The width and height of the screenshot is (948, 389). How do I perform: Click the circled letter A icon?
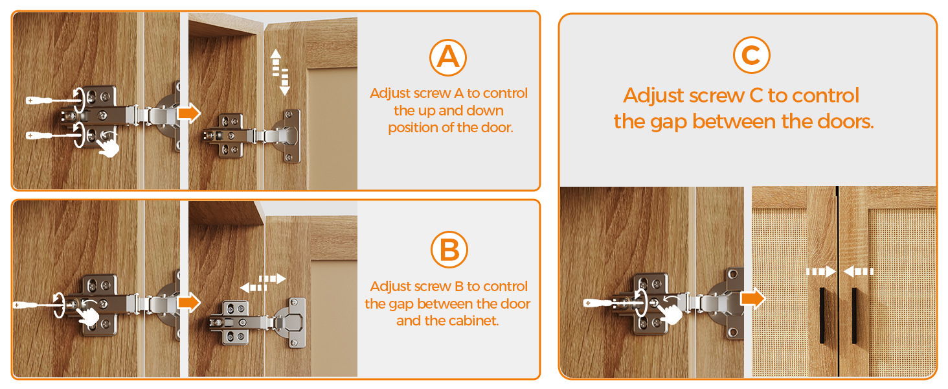click(447, 58)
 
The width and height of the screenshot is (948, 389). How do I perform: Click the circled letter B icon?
click(449, 250)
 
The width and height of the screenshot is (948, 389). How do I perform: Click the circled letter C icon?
click(751, 55)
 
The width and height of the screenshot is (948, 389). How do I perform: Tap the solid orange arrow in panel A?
click(188, 113)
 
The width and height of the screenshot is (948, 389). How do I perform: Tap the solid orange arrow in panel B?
click(188, 303)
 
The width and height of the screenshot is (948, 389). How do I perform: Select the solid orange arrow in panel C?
click(752, 298)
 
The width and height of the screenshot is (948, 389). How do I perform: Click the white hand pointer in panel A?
click(108, 146)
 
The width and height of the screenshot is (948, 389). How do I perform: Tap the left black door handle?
click(822, 315)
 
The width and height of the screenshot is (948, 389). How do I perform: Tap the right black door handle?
click(855, 315)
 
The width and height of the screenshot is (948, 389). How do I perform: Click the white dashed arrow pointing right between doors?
click(821, 271)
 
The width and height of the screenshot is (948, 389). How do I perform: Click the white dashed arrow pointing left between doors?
click(859, 271)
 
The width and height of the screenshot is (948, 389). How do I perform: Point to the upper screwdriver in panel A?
click(53, 100)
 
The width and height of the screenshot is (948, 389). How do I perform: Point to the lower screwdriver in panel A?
click(53, 136)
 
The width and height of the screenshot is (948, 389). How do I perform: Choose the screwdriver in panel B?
click(38, 305)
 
